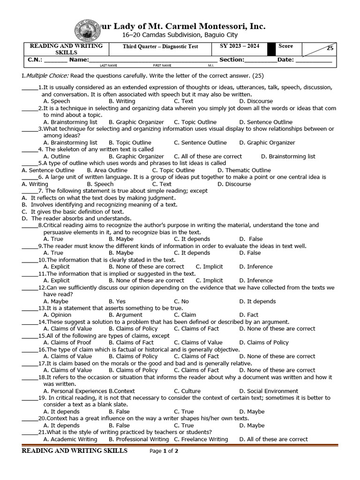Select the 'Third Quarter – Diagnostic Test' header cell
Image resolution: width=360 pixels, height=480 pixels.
[160, 46]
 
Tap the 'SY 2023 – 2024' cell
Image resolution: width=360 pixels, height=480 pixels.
[239, 46]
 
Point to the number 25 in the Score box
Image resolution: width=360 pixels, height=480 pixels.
[330, 48]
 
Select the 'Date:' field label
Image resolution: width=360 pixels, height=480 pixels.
[285, 60]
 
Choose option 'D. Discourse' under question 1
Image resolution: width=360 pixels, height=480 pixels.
[255, 101]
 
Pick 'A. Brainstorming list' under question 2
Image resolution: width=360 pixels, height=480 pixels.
[70, 122]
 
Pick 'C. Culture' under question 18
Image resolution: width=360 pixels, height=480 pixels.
[187, 391]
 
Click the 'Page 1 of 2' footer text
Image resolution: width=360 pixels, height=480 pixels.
[164, 451]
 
